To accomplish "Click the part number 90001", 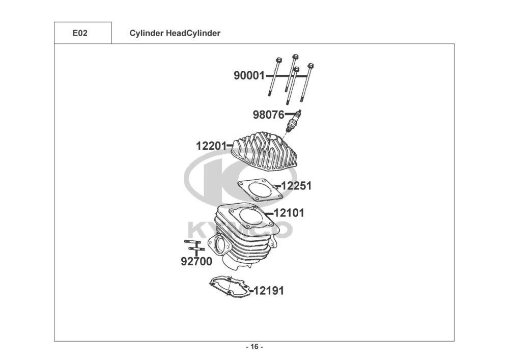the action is (x=249, y=76).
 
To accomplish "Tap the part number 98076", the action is (x=268, y=115).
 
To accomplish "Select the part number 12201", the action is (x=211, y=146).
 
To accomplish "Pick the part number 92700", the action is (x=196, y=262).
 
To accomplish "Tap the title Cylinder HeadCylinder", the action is (x=175, y=33).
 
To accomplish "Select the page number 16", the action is (x=254, y=347).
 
